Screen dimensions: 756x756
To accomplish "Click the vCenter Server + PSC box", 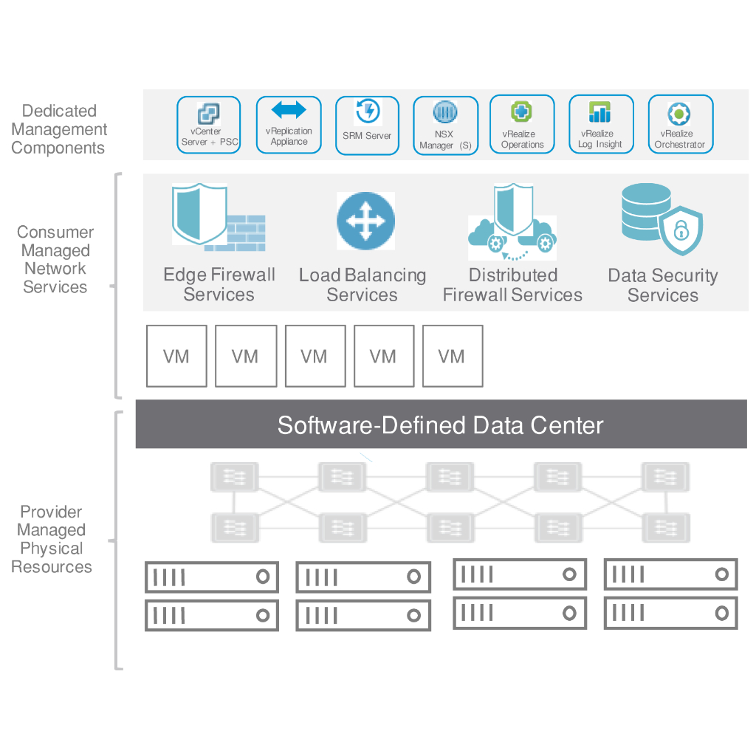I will (x=209, y=125).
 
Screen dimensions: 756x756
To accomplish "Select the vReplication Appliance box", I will (x=289, y=125).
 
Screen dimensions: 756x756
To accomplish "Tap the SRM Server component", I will (x=367, y=126).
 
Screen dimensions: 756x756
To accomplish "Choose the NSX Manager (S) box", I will (x=445, y=126).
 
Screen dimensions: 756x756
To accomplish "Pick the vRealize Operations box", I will (x=522, y=125).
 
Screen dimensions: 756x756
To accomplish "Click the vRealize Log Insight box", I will (x=601, y=125).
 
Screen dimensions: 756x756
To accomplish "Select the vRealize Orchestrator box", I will (x=680, y=125).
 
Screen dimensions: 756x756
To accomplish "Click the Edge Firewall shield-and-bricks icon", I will (x=218, y=219).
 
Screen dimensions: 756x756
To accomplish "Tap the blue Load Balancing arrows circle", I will (x=365, y=221).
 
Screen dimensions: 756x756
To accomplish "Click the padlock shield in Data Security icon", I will (x=681, y=232).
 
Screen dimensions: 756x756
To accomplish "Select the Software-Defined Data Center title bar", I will (x=441, y=425).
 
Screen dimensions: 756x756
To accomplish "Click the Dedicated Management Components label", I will (x=59, y=129).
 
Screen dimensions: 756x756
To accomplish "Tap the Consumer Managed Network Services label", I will (x=55, y=259).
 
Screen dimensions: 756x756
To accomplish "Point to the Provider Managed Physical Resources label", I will (x=52, y=539).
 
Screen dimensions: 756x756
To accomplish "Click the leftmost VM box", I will (x=176, y=356).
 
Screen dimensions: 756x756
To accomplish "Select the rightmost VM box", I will (x=452, y=356).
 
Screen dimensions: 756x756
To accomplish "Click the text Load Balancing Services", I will (x=362, y=285).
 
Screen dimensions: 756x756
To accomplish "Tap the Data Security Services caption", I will (x=662, y=286).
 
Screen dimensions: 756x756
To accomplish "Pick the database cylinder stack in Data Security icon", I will (x=644, y=210).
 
